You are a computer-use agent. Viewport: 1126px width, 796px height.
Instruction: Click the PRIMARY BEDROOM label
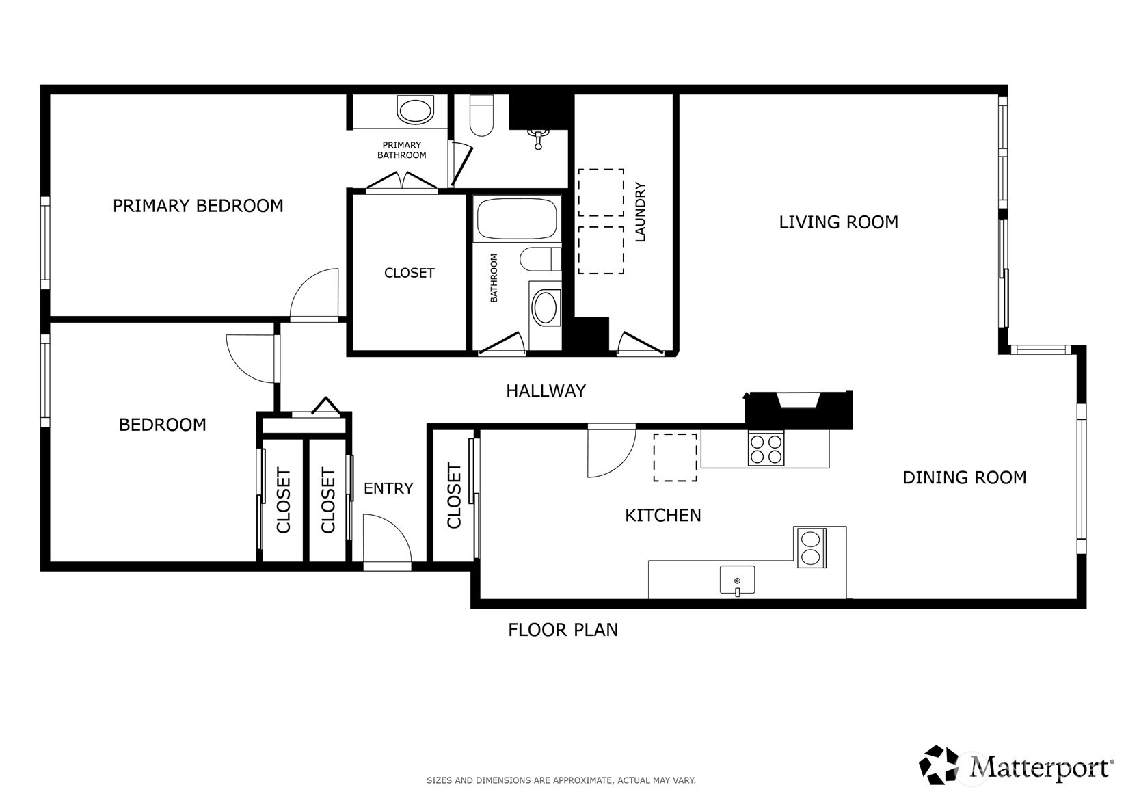(198, 206)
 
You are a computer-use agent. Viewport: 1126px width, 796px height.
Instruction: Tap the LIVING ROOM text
(838, 222)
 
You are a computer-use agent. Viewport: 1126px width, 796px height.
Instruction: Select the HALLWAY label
(546, 391)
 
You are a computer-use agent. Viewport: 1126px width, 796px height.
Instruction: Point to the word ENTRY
(388, 488)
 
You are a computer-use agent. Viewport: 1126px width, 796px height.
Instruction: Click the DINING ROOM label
(964, 477)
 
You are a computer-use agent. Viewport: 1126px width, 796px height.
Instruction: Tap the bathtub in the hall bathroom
(516, 218)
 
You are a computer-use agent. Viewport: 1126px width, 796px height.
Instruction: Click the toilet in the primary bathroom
(482, 114)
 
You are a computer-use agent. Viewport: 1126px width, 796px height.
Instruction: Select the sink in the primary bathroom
(415, 110)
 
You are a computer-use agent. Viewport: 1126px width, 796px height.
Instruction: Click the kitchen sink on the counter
(737, 580)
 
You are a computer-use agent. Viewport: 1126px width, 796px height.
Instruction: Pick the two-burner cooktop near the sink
(811, 548)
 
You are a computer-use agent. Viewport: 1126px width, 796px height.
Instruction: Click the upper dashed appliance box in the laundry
(601, 192)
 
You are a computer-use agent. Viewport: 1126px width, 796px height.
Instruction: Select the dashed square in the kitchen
(675, 457)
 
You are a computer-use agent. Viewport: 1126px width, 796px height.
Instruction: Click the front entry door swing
(386, 540)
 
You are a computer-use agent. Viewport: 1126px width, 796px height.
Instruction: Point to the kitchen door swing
(610, 451)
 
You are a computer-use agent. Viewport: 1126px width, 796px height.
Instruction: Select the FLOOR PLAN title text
(563, 630)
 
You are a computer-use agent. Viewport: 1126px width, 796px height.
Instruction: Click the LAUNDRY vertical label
(641, 212)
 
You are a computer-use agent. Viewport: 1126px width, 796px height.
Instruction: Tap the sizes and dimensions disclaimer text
(561, 780)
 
